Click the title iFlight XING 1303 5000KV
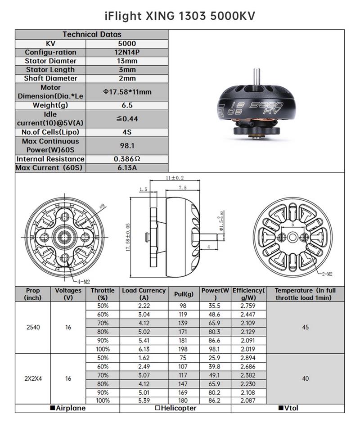180,16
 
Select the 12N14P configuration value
127,52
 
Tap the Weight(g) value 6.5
127,105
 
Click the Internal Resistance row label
50,159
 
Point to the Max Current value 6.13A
127,168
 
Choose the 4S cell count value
127,132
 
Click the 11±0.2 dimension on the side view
175,178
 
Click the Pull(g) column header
184,294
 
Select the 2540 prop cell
33,327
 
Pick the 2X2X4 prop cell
33,378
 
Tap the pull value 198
184,349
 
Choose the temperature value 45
306,327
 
